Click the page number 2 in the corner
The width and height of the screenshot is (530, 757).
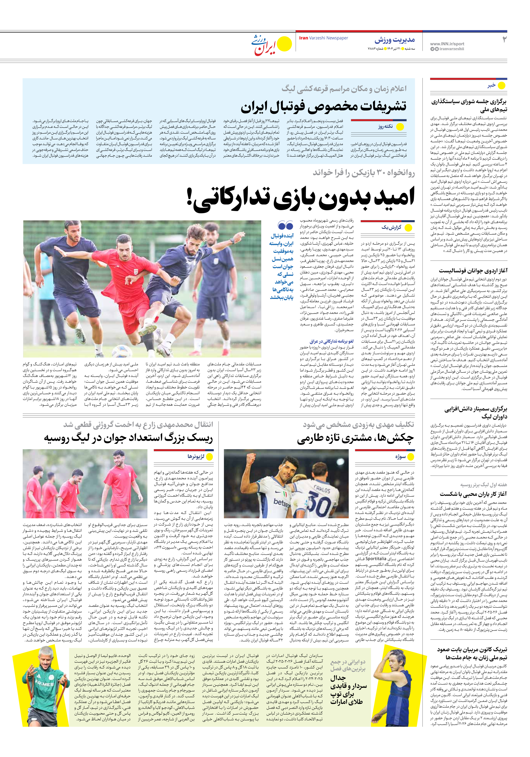point(504,40)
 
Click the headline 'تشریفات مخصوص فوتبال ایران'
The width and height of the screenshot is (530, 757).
point(323,106)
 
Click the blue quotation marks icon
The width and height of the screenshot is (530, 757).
point(285,226)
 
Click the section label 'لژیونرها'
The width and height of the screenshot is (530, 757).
point(196,457)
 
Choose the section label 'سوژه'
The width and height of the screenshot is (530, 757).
point(400,457)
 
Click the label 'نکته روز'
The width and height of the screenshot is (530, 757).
point(385,126)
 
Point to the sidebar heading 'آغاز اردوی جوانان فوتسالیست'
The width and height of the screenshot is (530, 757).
point(473,271)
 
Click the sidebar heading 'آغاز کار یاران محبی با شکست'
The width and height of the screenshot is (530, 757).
point(473,494)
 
